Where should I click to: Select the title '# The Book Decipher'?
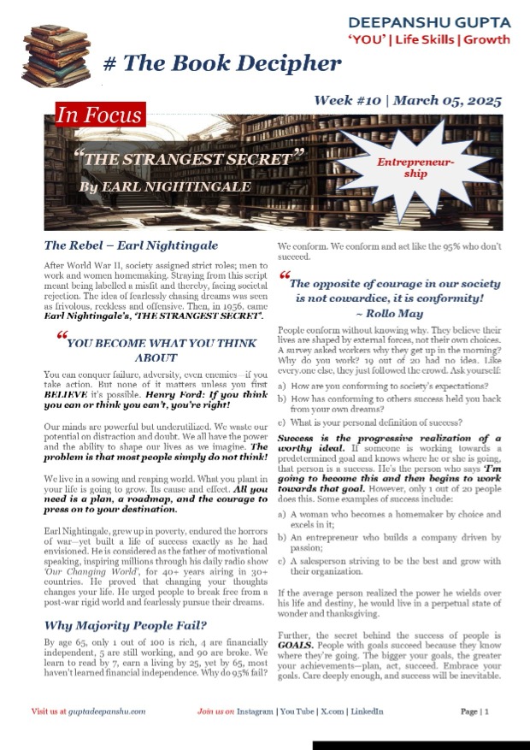(221, 64)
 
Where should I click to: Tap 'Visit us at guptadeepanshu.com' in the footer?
(88, 712)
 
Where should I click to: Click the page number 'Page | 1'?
(474, 712)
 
